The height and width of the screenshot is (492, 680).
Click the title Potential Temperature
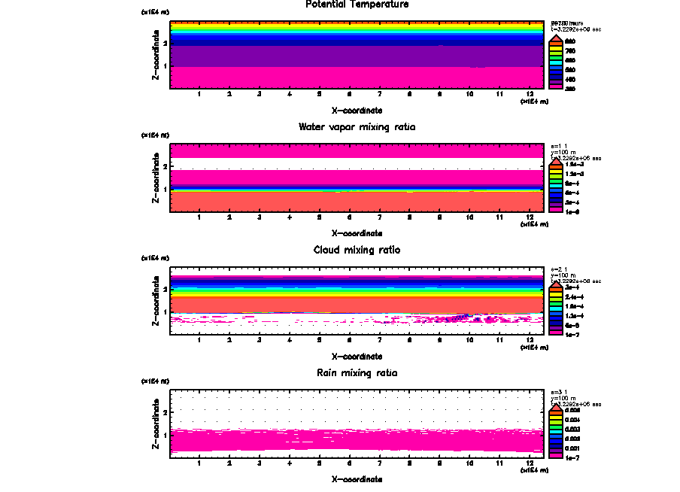click(357, 5)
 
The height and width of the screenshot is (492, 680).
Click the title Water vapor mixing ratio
click(357, 127)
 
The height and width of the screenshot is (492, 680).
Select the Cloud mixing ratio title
click(357, 250)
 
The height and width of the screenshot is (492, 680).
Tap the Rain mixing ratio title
click(357, 373)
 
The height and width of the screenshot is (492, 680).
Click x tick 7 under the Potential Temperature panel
click(380, 94)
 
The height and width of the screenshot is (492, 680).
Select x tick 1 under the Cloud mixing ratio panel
click(199, 340)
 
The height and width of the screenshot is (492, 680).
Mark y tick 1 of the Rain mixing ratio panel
click(165, 435)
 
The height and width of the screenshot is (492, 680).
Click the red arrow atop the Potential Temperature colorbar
click(556, 39)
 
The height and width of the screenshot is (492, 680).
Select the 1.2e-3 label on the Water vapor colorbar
click(573, 174)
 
